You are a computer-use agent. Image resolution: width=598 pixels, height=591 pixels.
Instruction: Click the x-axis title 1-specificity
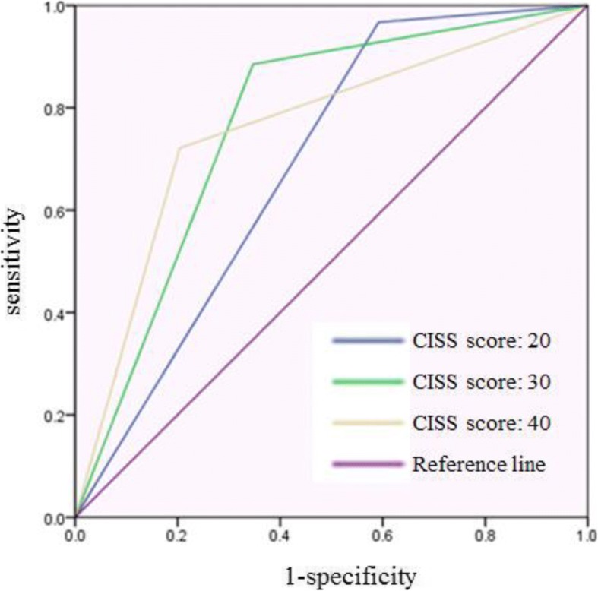(x=332, y=577)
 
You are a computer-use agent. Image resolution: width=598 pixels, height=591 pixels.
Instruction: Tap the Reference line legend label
(x=479, y=465)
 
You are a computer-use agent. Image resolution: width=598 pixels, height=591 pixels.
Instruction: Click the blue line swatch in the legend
(x=367, y=341)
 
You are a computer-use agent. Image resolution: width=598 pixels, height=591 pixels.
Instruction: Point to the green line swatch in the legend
(x=367, y=382)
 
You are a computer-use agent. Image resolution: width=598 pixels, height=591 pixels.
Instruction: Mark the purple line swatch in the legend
(x=367, y=465)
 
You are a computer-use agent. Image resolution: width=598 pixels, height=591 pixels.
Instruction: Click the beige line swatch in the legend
(x=367, y=424)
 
